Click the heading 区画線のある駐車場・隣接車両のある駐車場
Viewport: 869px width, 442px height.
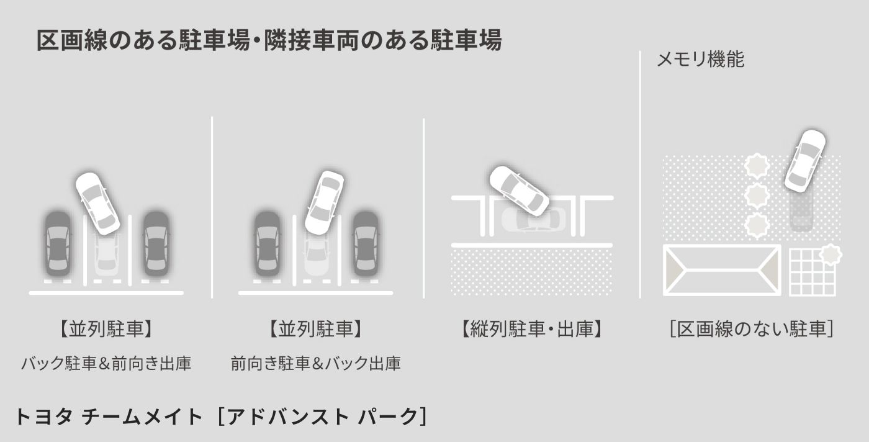point(269,41)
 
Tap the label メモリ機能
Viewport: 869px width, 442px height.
point(700,60)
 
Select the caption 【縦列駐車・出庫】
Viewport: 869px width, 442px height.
point(532,329)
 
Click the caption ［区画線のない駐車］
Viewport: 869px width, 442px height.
point(750,329)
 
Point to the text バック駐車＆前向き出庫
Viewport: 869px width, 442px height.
point(106,363)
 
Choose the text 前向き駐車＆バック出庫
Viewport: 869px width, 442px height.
point(315,363)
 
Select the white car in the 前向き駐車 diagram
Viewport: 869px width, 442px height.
point(324,202)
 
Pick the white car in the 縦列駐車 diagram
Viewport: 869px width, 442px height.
point(519,191)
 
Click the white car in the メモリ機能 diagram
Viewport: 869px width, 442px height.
point(805,160)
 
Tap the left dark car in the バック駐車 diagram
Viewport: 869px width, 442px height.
point(57,243)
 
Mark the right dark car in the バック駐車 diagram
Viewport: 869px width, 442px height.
point(155,243)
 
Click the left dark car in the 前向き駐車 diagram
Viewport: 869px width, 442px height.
point(267,243)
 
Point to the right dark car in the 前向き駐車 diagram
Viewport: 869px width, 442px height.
point(366,243)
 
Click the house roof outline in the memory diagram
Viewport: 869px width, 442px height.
point(722,270)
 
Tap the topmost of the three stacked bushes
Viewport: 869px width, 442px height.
point(757,166)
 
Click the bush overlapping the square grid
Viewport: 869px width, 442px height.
point(831,255)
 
